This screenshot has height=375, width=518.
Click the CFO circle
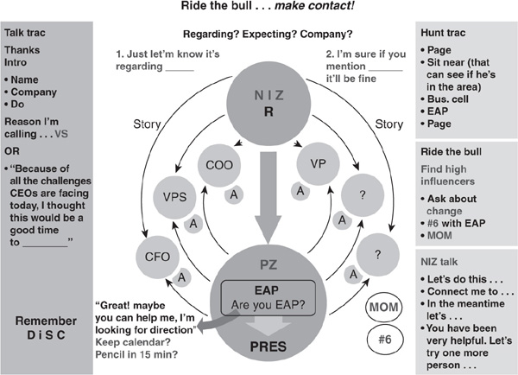point(158,257)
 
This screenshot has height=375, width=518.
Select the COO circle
point(219,165)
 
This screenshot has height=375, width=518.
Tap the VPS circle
point(174,197)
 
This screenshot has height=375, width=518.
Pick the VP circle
point(318,164)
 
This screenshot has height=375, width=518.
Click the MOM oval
point(384,308)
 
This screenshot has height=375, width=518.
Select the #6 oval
point(385,340)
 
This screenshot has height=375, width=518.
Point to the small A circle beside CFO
point(181,277)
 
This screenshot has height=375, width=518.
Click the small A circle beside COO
point(234,194)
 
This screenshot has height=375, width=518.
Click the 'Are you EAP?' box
point(268,297)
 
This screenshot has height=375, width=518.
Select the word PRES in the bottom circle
point(268,346)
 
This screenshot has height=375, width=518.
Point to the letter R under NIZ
point(268,111)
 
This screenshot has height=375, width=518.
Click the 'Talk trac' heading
point(25,33)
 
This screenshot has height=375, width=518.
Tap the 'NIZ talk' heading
point(439,262)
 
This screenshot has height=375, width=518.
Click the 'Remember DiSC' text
point(46,327)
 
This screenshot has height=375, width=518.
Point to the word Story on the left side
point(147,124)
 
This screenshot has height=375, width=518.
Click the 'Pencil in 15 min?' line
point(136,354)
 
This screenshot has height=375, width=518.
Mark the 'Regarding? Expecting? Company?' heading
point(268,34)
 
